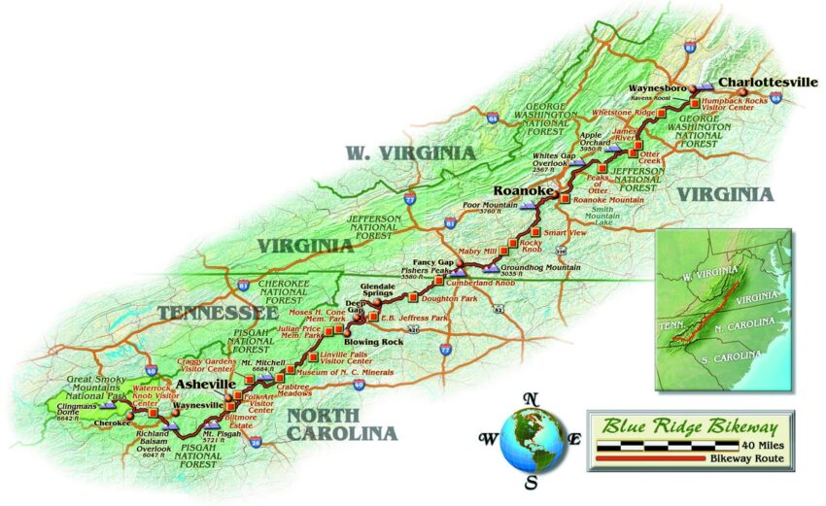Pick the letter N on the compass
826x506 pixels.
click(531, 398)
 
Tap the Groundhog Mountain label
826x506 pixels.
click(537, 263)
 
